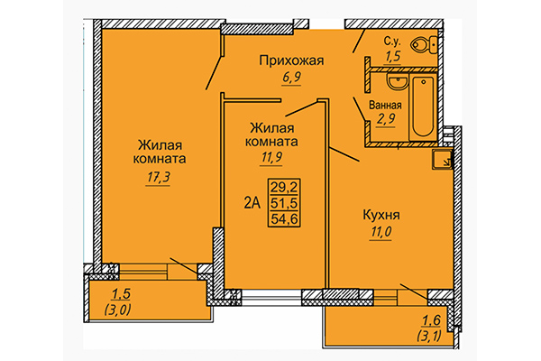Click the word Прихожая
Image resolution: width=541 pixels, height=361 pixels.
pos(290,61)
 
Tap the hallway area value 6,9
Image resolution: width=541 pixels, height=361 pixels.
pos(290,79)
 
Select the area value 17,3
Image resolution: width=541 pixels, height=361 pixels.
pos(162,177)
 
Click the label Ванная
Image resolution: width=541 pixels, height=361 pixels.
pos(385,106)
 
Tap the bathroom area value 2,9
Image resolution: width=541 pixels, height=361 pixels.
pos(385,122)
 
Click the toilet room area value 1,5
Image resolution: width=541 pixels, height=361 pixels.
pos(393,56)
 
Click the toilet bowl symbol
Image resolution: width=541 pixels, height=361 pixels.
pos(422,45)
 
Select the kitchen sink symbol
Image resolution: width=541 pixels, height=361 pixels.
pos(442,162)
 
